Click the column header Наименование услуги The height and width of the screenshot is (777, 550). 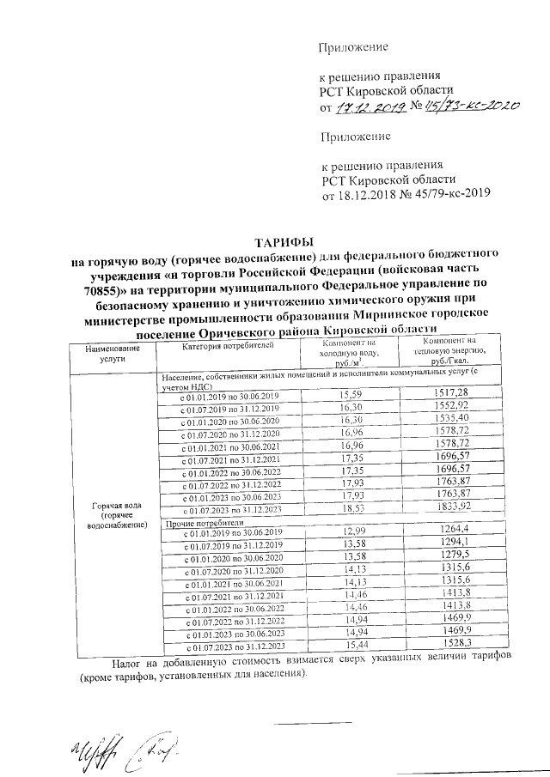pos(112,355)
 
